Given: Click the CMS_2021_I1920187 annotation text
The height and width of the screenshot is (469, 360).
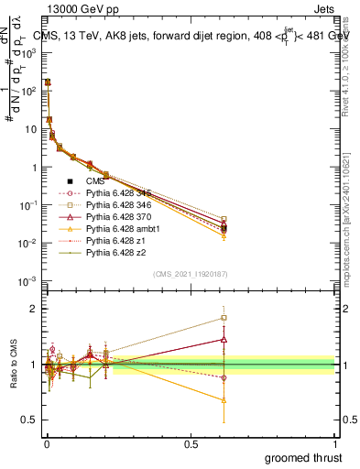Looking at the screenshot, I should pyautogui.click(x=189, y=274).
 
